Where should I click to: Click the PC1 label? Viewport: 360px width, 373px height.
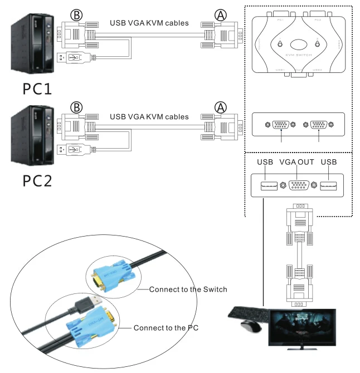click(x=37, y=89)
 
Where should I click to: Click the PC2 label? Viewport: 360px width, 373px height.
click(x=37, y=181)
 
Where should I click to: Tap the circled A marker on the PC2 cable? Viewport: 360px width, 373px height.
click(x=221, y=107)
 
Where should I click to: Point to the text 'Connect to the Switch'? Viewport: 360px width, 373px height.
click(x=188, y=289)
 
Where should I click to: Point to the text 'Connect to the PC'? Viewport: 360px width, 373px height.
click(x=166, y=328)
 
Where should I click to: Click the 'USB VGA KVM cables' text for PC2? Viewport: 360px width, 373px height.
click(x=149, y=117)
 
